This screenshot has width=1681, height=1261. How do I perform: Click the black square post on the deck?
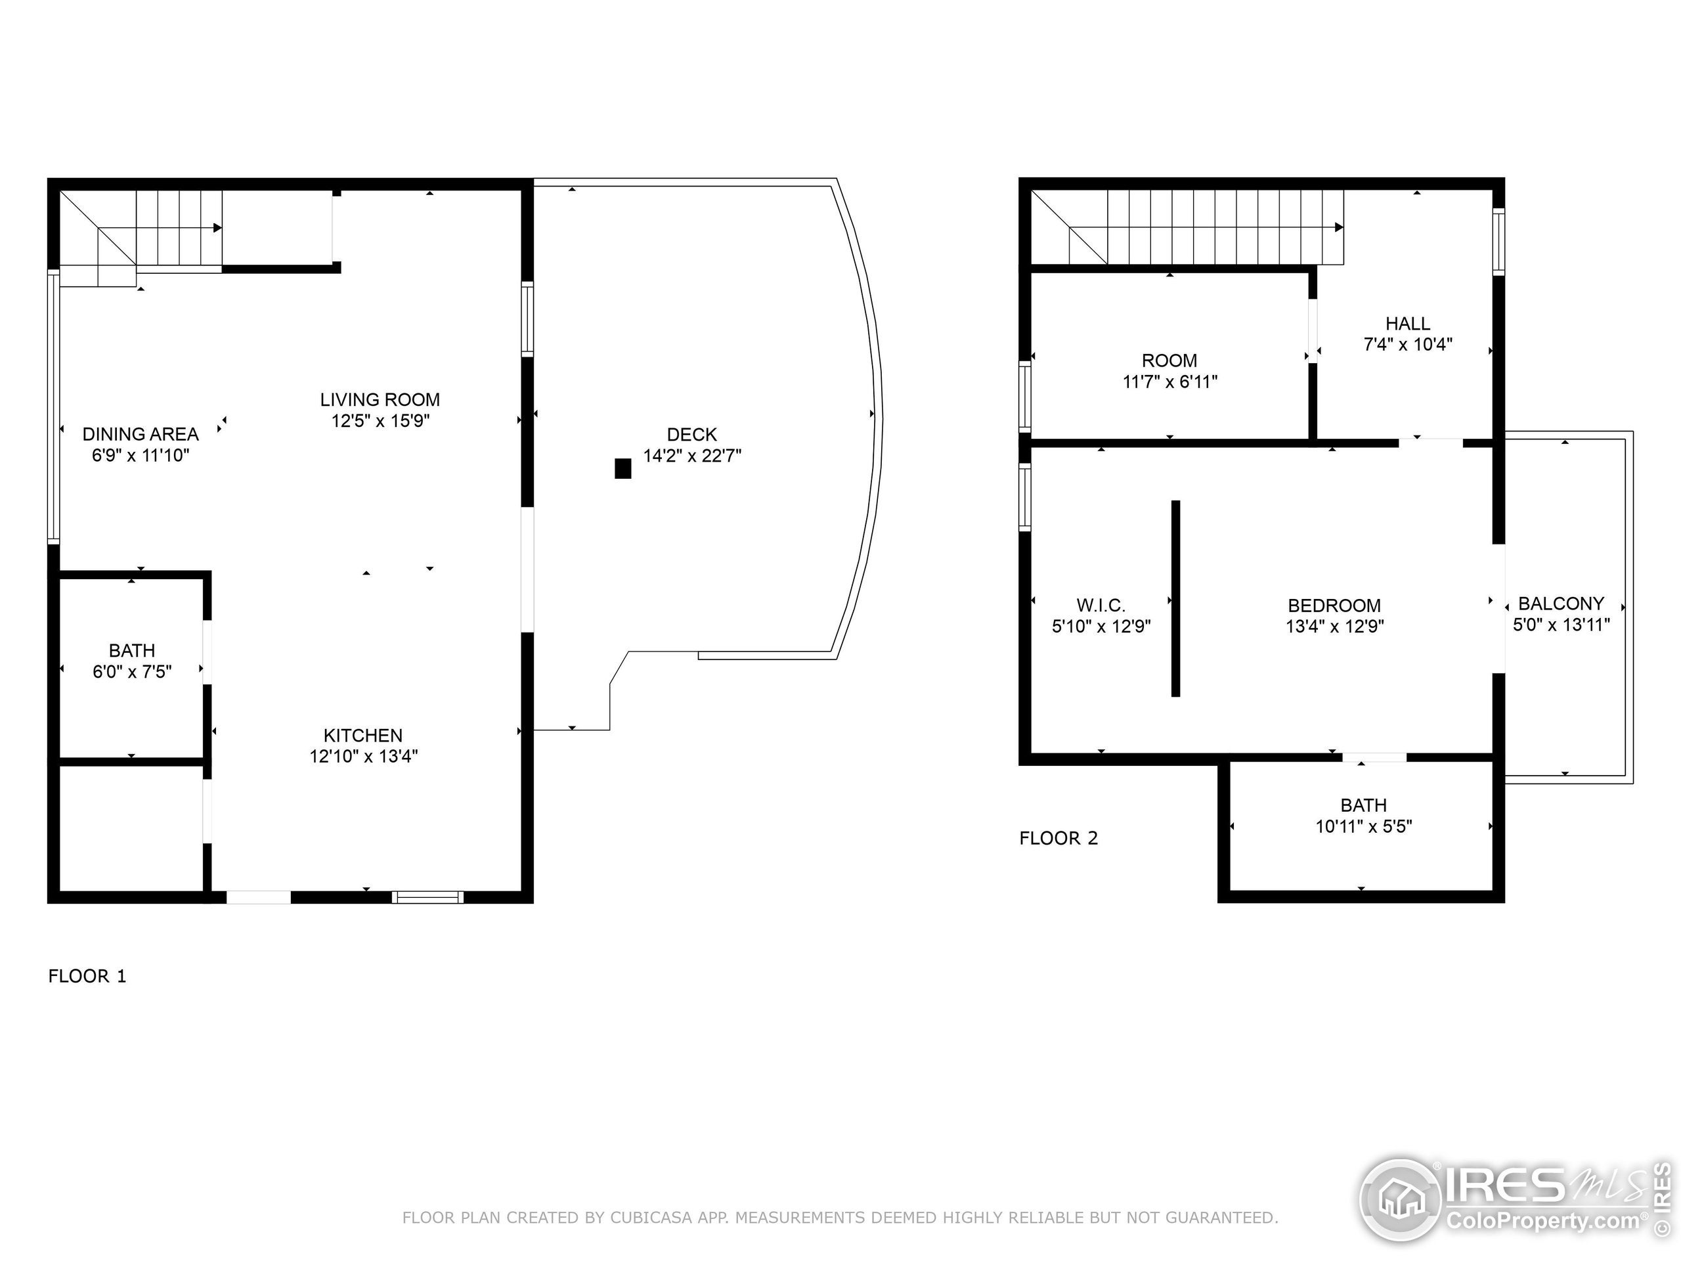tap(622, 468)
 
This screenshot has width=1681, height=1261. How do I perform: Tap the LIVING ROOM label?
tap(380, 399)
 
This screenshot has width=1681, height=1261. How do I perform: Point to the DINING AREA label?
tap(140, 434)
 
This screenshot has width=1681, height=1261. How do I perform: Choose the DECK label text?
tap(691, 434)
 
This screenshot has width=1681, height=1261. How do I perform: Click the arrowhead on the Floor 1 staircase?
tap(217, 227)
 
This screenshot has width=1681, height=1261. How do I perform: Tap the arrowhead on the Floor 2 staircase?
tap(1338, 227)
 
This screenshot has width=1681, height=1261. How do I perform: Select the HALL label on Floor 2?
tap(1407, 323)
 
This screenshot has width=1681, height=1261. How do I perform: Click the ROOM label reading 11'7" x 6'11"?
tap(1169, 370)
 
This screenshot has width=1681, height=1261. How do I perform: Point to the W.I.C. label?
tap(1100, 605)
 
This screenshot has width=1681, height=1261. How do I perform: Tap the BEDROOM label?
tap(1334, 605)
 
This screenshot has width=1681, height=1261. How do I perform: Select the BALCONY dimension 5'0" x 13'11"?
tap(1561, 624)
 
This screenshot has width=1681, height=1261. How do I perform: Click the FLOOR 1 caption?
tap(87, 976)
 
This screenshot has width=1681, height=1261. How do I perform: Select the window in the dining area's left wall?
tap(53, 407)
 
